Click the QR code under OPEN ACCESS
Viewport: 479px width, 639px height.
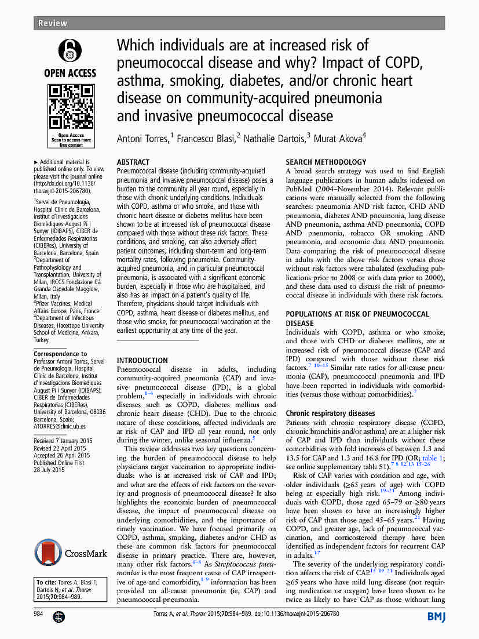pos(70,106)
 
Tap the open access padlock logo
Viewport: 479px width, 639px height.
pos(70,50)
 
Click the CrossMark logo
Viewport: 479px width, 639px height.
pos(70,553)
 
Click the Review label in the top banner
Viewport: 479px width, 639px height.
pos(52,23)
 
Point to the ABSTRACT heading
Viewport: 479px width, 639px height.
pos(133,162)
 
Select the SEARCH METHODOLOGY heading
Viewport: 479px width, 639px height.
pos(326,162)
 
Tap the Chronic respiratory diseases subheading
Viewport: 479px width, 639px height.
pos(330,413)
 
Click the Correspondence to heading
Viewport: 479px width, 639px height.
pos(60,354)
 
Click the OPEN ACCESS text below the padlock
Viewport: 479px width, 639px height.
pos(70,73)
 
